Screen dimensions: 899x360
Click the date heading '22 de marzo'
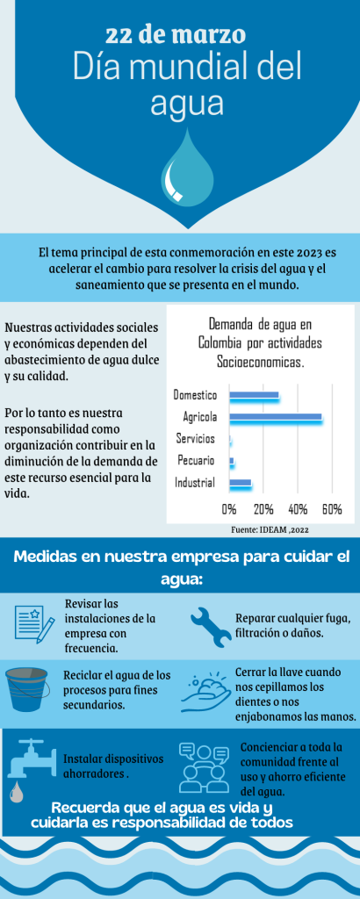[176, 35]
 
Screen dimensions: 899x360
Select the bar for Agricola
[275, 417]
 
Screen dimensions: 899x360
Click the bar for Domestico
[253, 396]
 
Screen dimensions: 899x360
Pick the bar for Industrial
[240, 483]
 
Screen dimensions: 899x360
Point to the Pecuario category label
[198, 460]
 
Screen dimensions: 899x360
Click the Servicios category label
[197, 438]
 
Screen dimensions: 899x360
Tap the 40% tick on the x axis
[298, 510]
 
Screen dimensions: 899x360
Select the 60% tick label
[332, 510]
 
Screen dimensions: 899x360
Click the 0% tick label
[229, 510]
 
